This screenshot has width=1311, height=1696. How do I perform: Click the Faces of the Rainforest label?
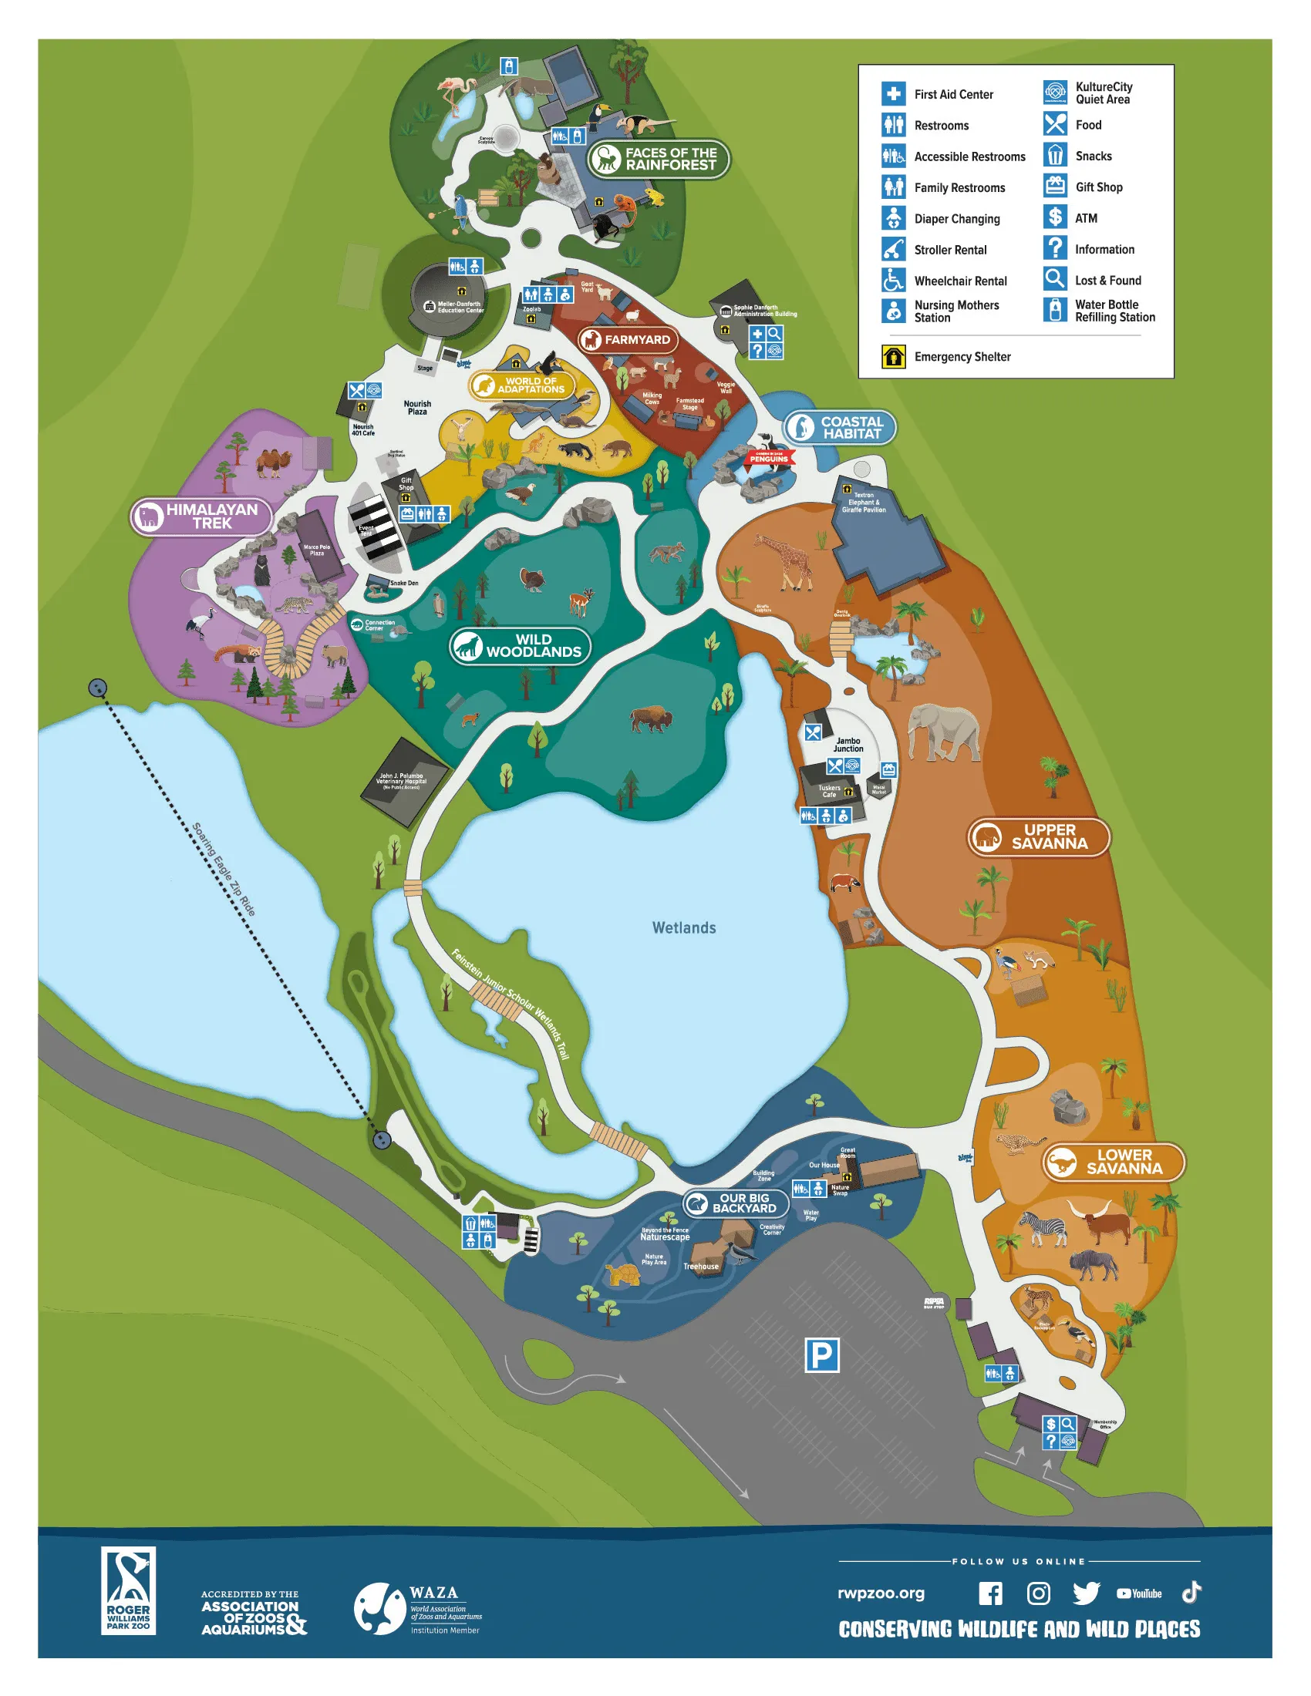(658, 160)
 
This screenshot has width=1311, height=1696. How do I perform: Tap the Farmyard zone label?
(629, 339)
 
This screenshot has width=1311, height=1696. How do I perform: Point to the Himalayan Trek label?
(201, 517)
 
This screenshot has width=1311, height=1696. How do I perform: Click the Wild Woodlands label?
(521, 646)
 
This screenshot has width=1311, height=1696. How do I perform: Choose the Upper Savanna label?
(1039, 837)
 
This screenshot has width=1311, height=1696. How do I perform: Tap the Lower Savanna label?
(1113, 1162)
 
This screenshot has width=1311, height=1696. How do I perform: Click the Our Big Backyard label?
(735, 1203)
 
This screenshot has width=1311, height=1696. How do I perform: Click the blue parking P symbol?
(821, 1356)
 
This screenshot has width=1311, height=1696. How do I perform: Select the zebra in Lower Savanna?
(1043, 1228)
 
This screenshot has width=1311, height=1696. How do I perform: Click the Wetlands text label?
(683, 928)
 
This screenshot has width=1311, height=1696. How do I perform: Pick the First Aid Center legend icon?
(893, 94)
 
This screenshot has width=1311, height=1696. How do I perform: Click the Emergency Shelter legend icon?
(893, 356)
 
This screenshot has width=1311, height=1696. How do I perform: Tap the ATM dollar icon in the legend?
(1055, 217)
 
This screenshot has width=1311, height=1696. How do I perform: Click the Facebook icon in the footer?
(989, 1593)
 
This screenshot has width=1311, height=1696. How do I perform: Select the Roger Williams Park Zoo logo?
(128, 1590)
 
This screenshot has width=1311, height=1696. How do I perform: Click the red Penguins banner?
(768, 458)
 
